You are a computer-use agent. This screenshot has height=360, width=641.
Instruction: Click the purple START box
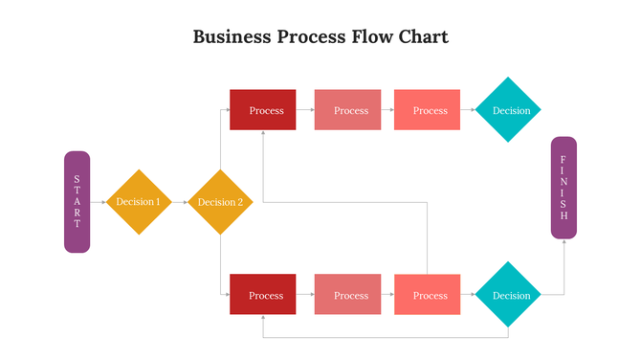tap(77, 202)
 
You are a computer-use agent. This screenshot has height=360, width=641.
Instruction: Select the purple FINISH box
tap(564, 188)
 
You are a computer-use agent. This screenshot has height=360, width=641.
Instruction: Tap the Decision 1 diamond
tap(138, 202)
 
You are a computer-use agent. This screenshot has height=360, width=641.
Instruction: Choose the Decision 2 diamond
tap(220, 202)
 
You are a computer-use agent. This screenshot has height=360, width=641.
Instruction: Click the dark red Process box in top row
tap(263, 110)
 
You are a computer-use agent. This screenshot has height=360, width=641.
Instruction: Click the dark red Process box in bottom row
tap(263, 295)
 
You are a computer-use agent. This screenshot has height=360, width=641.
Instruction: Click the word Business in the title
tap(232, 37)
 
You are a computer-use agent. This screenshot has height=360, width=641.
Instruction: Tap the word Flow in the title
tap(365, 37)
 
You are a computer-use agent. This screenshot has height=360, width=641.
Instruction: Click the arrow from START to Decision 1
tap(98, 202)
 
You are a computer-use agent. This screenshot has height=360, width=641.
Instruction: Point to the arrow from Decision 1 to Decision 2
tap(179, 202)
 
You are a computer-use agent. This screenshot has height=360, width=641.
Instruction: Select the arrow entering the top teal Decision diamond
tap(468, 110)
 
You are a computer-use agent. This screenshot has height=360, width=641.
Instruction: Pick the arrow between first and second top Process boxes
tap(305, 110)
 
